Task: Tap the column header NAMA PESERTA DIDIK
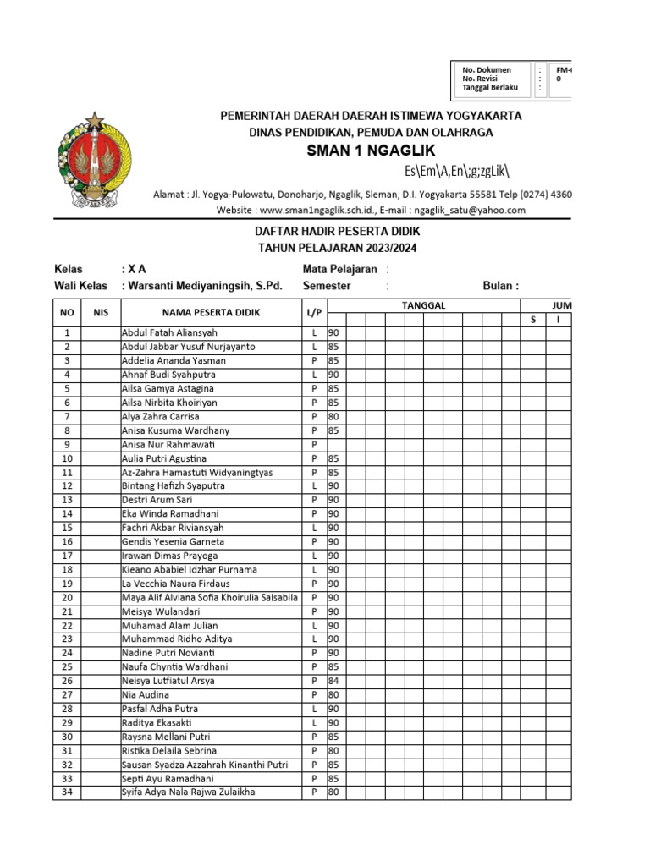tap(211, 313)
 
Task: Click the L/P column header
tap(314, 313)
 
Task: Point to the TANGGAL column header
tap(423, 305)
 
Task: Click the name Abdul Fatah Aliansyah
tap(169, 333)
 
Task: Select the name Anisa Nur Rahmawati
tap(168, 444)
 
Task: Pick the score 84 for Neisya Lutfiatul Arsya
tap(333, 681)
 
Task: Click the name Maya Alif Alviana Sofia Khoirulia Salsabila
tap(210, 597)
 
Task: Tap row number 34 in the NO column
tap(68, 792)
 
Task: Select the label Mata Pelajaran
tap(339, 269)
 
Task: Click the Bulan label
tap(500, 286)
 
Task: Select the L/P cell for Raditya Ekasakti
tap(314, 723)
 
